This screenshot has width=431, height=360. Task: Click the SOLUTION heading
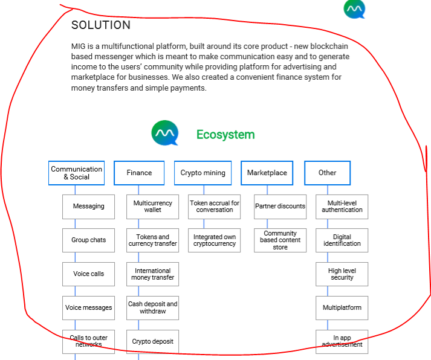pyautogui.click(x=101, y=25)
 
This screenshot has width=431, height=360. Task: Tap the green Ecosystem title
pyautogui.click(x=225, y=135)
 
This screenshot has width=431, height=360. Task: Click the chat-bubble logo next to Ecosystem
pyautogui.click(x=165, y=133)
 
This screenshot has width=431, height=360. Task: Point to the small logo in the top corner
pyautogui.click(x=355, y=9)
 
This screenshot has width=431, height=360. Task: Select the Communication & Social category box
pyautogui.click(x=76, y=173)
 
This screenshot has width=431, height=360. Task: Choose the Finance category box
pyautogui.click(x=139, y=173)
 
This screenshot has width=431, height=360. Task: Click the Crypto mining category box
pyautogui.click(x=203, y=173)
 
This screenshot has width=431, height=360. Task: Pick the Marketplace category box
pyautogui.click(x=267, y=173)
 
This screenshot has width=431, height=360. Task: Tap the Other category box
pyautogui.click(x=328, y=173)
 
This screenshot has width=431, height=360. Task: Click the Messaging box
pyautogui.click(x=88, y=207)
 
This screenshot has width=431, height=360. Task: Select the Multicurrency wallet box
pyautogui.click(x=152, y=207)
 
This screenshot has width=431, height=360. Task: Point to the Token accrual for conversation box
pyautogui.click(x=215, y=207)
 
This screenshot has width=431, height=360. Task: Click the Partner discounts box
pyautogui.click(x=280, y=207)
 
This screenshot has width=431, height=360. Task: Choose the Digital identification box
pyautogui.click(x=342, y=240)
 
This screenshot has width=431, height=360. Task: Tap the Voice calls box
pyautogui.click(x=88, y=274)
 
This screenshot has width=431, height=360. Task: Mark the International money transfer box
pyautogui.click(x=152, y=274)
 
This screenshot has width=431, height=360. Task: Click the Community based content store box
pyautogui.click(x=280, y=240)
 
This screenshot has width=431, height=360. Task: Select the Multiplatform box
pyautogui.click(x=342, y=308)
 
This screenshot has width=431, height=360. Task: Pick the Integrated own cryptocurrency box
pyautogui.click(x=215, y=240)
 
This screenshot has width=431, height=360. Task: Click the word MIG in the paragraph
pyautogui.click(x=78, y=46)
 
